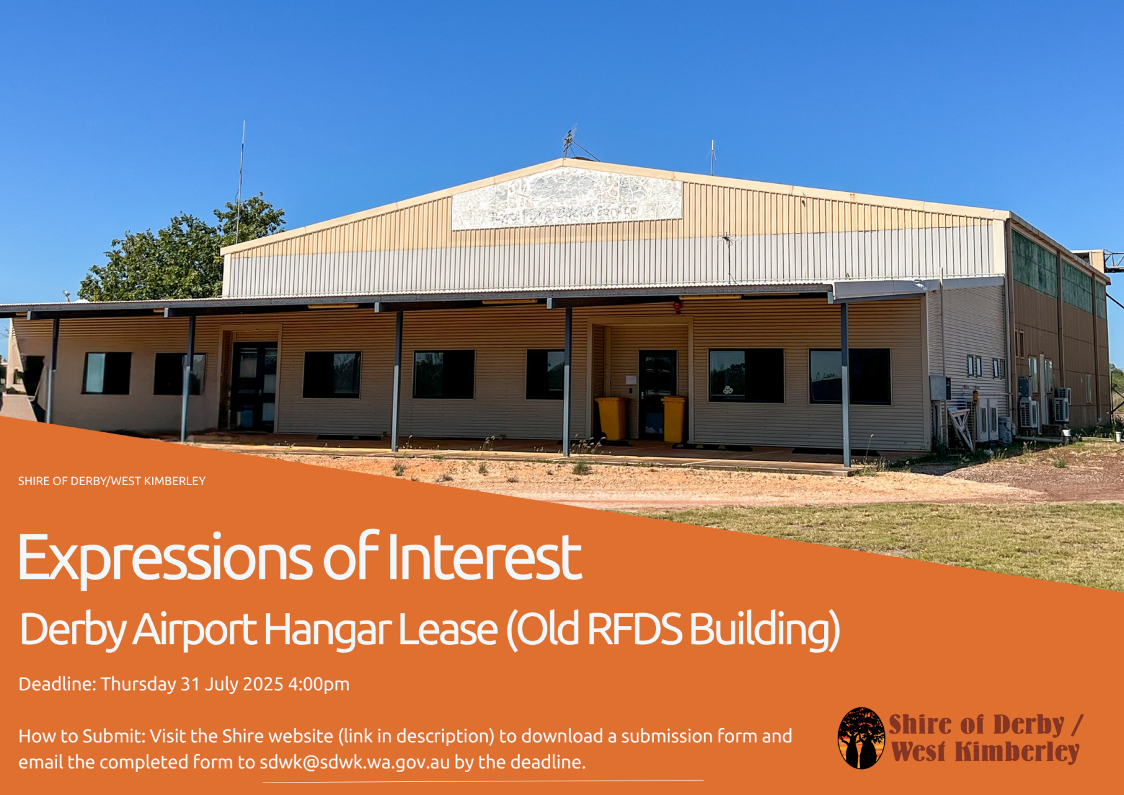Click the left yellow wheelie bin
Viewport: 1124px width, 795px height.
tap(611, 419)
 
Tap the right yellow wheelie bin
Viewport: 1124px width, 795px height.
tap(673, 419)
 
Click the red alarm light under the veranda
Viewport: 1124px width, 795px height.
tap(678, 306)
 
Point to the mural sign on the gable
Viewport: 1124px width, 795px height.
tap(566, 198)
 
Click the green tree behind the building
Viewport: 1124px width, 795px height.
tap(183, 252)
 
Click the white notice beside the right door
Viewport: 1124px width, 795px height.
tap(631, 378)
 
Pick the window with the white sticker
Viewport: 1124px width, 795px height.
tap(746, 375)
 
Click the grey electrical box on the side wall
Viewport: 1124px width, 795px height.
tap(939, 388)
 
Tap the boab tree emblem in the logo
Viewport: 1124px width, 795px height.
tap(861, 738)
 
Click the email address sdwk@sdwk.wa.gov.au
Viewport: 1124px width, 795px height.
tap(354, 762)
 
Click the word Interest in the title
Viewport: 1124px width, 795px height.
tap(484, 556)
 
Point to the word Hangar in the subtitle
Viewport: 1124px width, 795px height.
tap(329, 630)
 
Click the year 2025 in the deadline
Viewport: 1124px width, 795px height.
tap(263, 684)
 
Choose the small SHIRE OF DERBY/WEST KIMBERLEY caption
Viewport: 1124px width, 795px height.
tap(112, 481)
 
